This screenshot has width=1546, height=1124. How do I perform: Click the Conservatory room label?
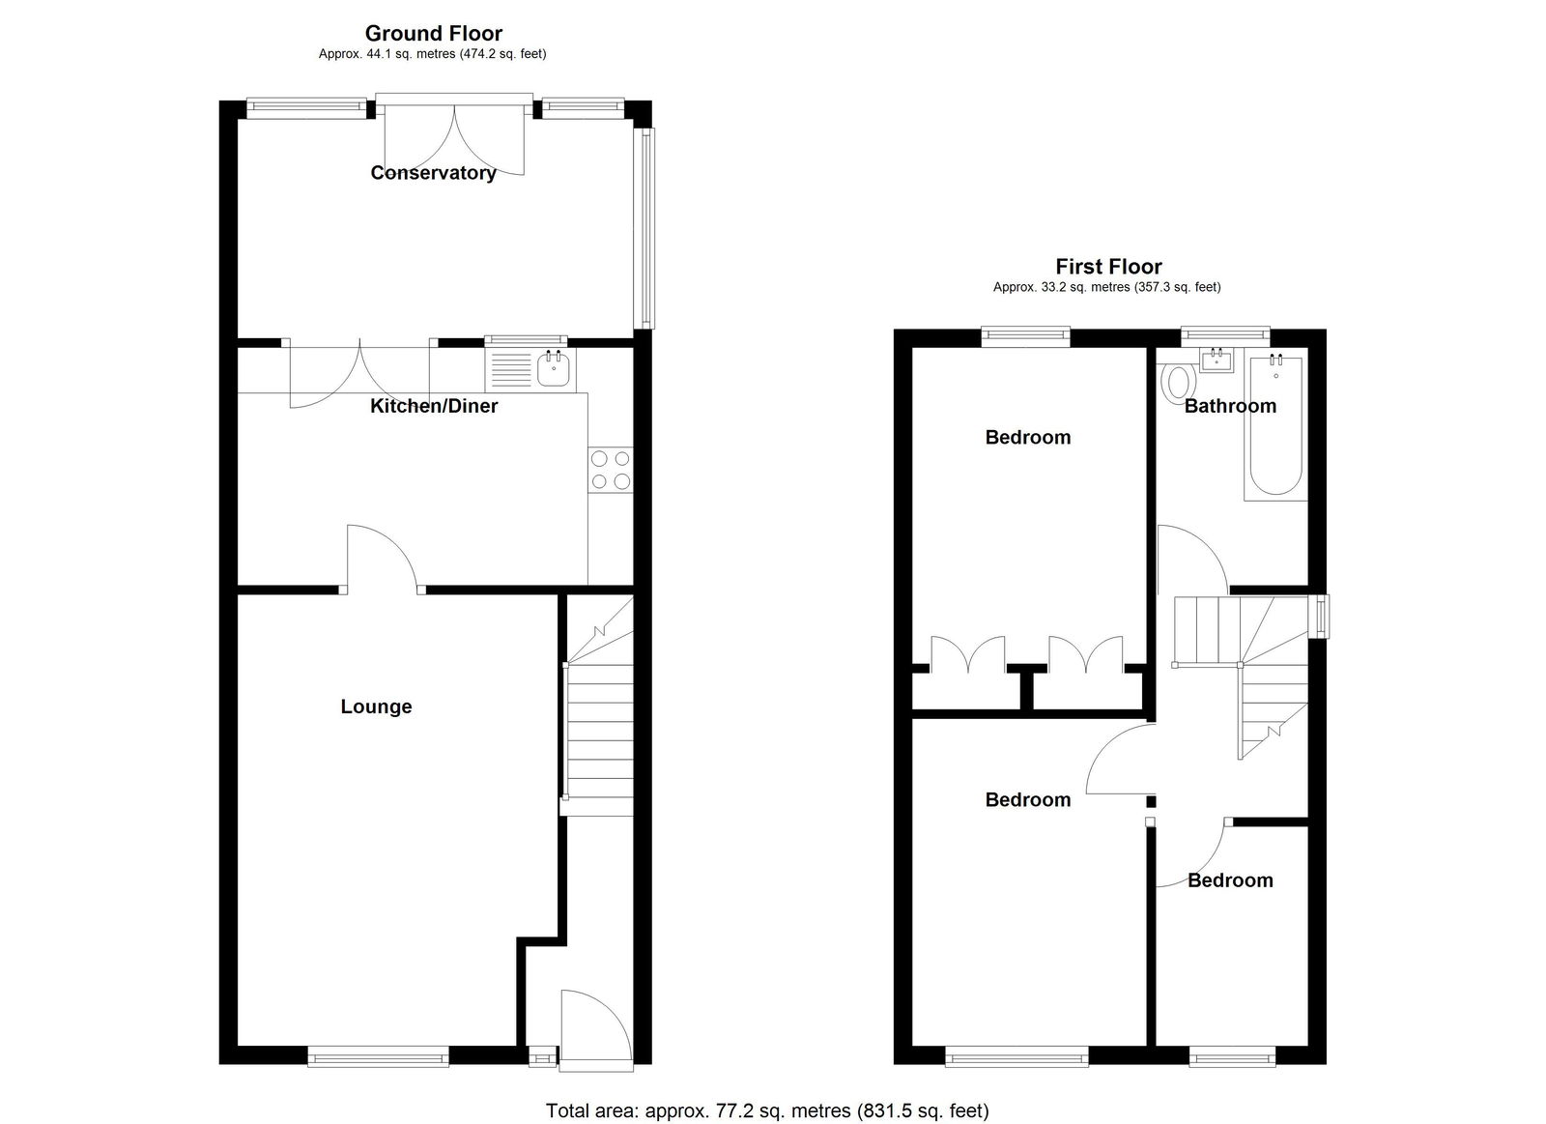[x=433, y=173]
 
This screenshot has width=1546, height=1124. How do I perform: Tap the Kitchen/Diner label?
[x=434, y=405]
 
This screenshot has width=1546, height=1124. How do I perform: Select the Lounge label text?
[x=376, y=706]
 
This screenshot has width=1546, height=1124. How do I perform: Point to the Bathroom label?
[x=1230, y=405]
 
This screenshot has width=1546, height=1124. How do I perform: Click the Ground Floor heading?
[x=434, y=33]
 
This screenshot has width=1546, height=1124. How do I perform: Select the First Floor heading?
[x=1108, y=266]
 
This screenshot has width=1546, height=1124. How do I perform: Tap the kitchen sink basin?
[x=554, y=368]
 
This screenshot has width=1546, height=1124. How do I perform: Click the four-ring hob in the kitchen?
[x=611, y=470]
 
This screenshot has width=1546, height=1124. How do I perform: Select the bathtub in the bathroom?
[x=1275, y=424]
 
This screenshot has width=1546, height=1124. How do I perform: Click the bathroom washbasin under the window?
[x=1217, y=360]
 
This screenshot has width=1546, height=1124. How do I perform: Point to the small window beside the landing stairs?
[x=1320, y=616]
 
